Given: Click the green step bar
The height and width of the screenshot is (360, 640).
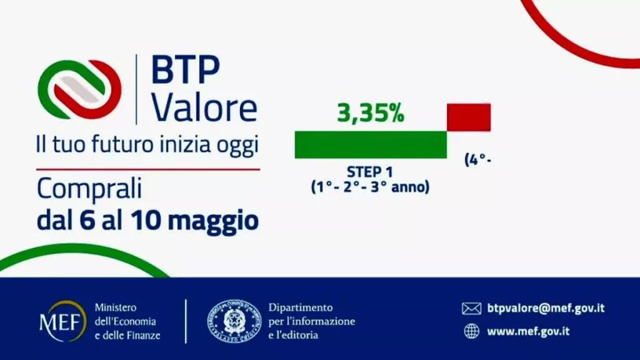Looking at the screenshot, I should [370, 144].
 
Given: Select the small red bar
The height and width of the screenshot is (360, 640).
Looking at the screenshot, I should [468, 117].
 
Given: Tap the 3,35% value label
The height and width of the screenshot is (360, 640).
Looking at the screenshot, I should [371, 114].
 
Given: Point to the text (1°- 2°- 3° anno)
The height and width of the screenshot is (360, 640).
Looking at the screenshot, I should [370, 186].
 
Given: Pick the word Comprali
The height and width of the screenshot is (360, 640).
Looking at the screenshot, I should [89, 188].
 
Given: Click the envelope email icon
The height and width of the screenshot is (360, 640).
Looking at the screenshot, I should [471, 308].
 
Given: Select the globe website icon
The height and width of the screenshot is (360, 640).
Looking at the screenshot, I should [471, 331].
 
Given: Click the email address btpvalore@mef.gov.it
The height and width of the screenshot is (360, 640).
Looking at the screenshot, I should [546, 308].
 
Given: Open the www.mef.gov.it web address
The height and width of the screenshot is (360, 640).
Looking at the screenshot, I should [528, 331].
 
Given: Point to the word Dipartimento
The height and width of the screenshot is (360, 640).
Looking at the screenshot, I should [301, 307].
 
